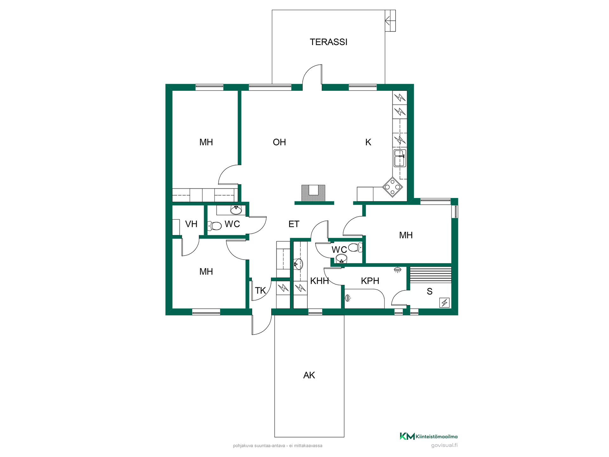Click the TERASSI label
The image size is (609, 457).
point(328,42)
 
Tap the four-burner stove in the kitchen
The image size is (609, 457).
point(393,187)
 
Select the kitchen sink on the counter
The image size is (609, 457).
point(400,158)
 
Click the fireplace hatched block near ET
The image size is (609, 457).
point(313,193)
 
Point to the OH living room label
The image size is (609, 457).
point(279,142)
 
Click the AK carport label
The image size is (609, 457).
point(309,375)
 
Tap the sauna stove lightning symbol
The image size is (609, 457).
point(444,303)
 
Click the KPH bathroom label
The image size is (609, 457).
point(370,281)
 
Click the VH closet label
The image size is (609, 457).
point(191,224)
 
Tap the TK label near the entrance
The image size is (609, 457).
point(260,290)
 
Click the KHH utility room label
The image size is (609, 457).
point(319,281)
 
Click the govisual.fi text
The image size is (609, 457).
point(444,445)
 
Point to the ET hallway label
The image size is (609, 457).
point(294,224)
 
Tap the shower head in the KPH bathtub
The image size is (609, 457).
point(348,298)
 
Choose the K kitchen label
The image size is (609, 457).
point(368,142)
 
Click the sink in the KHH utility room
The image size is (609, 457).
point(298,264)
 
